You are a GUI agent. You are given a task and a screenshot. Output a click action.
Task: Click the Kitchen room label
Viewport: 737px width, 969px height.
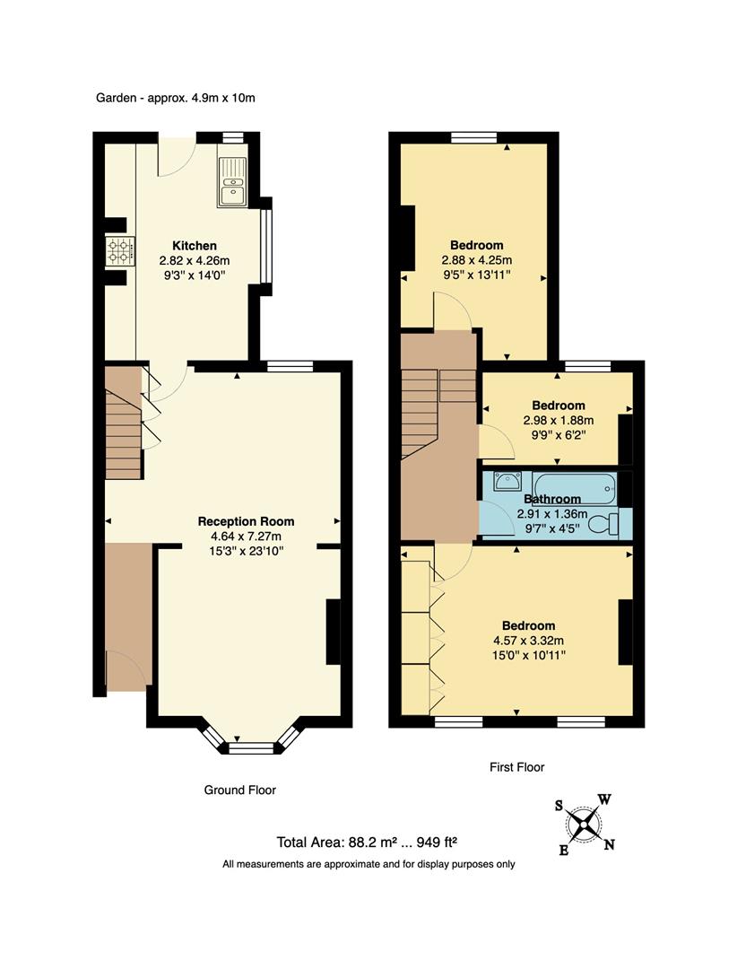[x=195, y=246]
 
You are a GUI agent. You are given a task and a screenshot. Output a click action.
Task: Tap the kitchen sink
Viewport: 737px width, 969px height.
[x=231, y=181]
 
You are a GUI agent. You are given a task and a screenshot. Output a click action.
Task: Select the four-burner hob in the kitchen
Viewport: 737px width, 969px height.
[x=119, y=251]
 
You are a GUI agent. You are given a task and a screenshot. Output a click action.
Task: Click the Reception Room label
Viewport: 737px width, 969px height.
[x=246, y=521]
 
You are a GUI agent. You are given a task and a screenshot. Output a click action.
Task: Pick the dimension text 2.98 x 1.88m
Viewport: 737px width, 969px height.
[x=558, y=420]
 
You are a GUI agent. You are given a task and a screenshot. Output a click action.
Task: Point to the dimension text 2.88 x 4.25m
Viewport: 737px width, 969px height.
[x=476, y=260]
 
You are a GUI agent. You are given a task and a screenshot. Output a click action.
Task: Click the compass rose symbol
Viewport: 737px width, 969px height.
[x=585, y=822]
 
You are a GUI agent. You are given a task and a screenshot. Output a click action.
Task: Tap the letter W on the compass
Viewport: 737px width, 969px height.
[x=605, y=799]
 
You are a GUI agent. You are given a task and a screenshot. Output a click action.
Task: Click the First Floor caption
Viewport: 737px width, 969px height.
[x=516, y=767]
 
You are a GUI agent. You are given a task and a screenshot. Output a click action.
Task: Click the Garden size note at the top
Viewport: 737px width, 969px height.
[x=176, y=98]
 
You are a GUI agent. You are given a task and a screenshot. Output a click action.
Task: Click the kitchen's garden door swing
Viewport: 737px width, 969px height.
[x=174, y=158]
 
